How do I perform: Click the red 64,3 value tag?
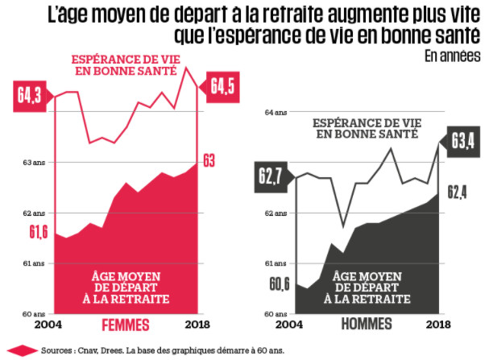pyautogui.click(x=30, y=95)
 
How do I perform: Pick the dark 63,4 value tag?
pyautogui.click(x=460, y=143)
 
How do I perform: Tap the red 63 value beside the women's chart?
pyautogui.click(x=209, y=162)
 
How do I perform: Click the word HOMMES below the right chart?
pyautogui.click(x=367, y=325)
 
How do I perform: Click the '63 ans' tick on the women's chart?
pyautogui.click(x=34, y=163)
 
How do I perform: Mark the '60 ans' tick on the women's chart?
pyautogui.click(x=34, y=313)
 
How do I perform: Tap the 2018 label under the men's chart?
pyautogui.click(x=438, y=325)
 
